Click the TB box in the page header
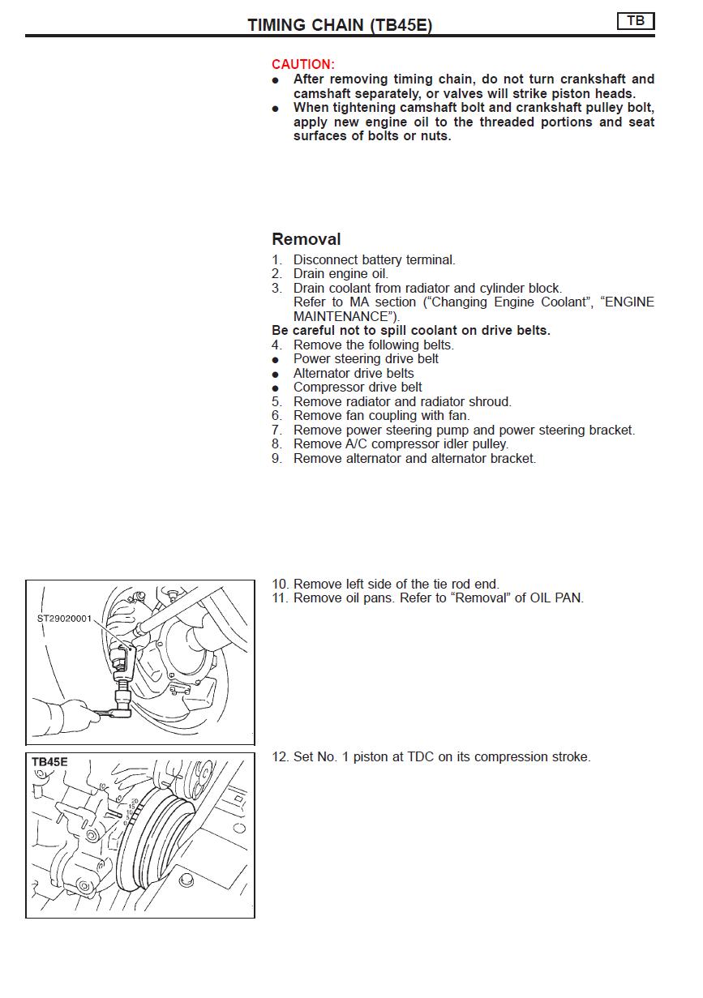[636, 21]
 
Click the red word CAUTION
[302, 64]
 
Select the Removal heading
[306, 239]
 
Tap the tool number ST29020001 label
[65, 618]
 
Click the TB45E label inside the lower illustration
[49, 762]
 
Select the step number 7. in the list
[277, 430]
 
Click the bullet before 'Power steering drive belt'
[276, 359]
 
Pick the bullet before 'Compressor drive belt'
[276, 388]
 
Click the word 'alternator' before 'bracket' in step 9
[450, 459]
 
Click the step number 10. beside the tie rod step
[280, 585]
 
